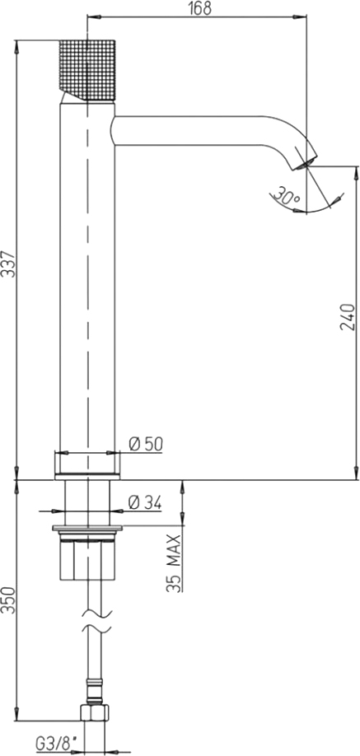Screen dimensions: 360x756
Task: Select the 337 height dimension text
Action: (8, 264)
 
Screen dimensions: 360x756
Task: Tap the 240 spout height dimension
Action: (348, 317)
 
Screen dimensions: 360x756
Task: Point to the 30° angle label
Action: (285, 196)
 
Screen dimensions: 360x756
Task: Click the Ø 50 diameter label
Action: (146, 444)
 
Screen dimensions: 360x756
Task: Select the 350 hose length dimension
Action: (8, 600)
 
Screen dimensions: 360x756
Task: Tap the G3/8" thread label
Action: (57, 744)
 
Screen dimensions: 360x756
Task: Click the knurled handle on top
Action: (87, 70)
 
